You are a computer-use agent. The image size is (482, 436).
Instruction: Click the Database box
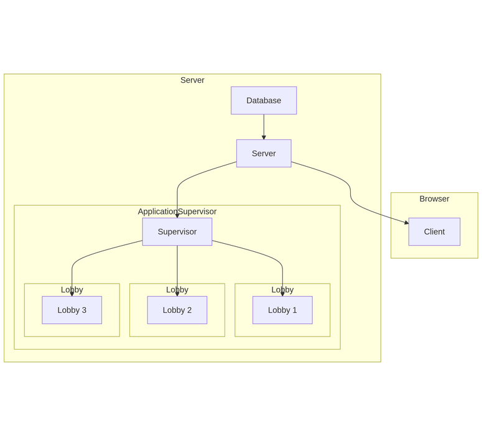tap(264, 100)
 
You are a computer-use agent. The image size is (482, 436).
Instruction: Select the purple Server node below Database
tap(264, 153)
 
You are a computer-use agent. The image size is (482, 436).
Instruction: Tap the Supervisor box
tap(177, 231)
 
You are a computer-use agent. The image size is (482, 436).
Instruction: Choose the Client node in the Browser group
tap(434, 231)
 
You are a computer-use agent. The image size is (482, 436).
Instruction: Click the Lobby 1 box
tap(282, 310)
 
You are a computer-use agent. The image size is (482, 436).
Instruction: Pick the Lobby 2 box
tap(177, 310)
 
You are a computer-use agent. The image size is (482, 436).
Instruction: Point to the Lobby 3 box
tap(72, 310)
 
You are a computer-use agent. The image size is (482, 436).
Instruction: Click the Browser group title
tap(434, 199)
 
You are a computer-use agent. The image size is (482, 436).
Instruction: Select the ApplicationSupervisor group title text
tap(177, 211)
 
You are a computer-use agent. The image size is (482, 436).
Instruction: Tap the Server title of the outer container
tap(192, 80)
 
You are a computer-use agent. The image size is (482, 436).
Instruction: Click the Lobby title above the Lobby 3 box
tap(72, 290)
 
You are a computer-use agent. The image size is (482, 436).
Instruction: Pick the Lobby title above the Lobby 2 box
tap(177, 290)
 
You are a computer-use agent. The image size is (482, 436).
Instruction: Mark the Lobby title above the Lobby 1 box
tap(282, 290)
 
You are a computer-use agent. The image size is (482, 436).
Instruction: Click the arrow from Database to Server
tap(264, 126)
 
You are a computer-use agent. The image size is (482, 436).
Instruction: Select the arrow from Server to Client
tap(350, 190)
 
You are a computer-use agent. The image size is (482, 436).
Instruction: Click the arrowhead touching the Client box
tap(406, 222)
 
